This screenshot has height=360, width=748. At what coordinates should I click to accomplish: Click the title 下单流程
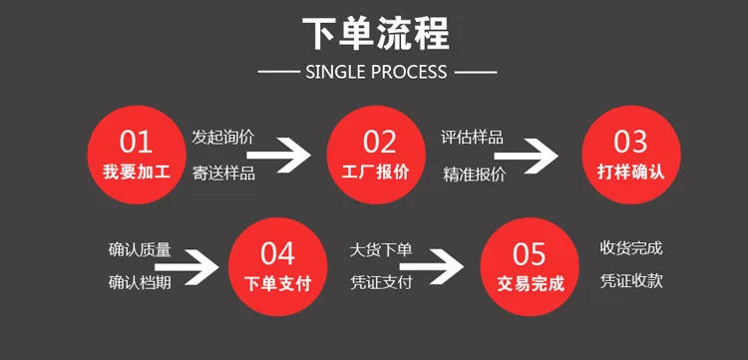(376, 34)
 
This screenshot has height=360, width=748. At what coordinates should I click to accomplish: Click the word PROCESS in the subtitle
(409, 72)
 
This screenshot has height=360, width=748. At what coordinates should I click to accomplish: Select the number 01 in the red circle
(136, 142)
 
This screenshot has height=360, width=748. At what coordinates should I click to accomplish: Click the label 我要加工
(137, 173)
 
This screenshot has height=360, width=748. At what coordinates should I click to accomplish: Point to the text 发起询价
(223, 138)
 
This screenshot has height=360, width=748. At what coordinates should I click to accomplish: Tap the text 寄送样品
(223, 173)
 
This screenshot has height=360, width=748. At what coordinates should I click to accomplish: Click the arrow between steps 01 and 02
(279, 155)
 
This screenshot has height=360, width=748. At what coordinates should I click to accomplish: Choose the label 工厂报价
(376, 173)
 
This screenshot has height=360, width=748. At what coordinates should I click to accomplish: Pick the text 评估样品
(473, 138)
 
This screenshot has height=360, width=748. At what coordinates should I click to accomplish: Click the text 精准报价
(474, 175)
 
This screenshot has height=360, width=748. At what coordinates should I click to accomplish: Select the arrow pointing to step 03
(527, 156)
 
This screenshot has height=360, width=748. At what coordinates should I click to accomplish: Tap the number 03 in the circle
(630, 142)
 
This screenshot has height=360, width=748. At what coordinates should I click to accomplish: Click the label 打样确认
(630, 173)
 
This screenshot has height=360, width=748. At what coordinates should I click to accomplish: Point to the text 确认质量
(140, 250)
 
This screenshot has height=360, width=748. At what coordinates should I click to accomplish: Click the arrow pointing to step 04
(187, 267)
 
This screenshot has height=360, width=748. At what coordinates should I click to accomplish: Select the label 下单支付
(277, 284)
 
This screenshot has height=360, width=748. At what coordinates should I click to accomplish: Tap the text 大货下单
(381, 250)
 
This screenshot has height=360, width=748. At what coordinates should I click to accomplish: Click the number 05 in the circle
(529, 253)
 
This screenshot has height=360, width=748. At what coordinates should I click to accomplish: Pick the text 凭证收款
(631, 281)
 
